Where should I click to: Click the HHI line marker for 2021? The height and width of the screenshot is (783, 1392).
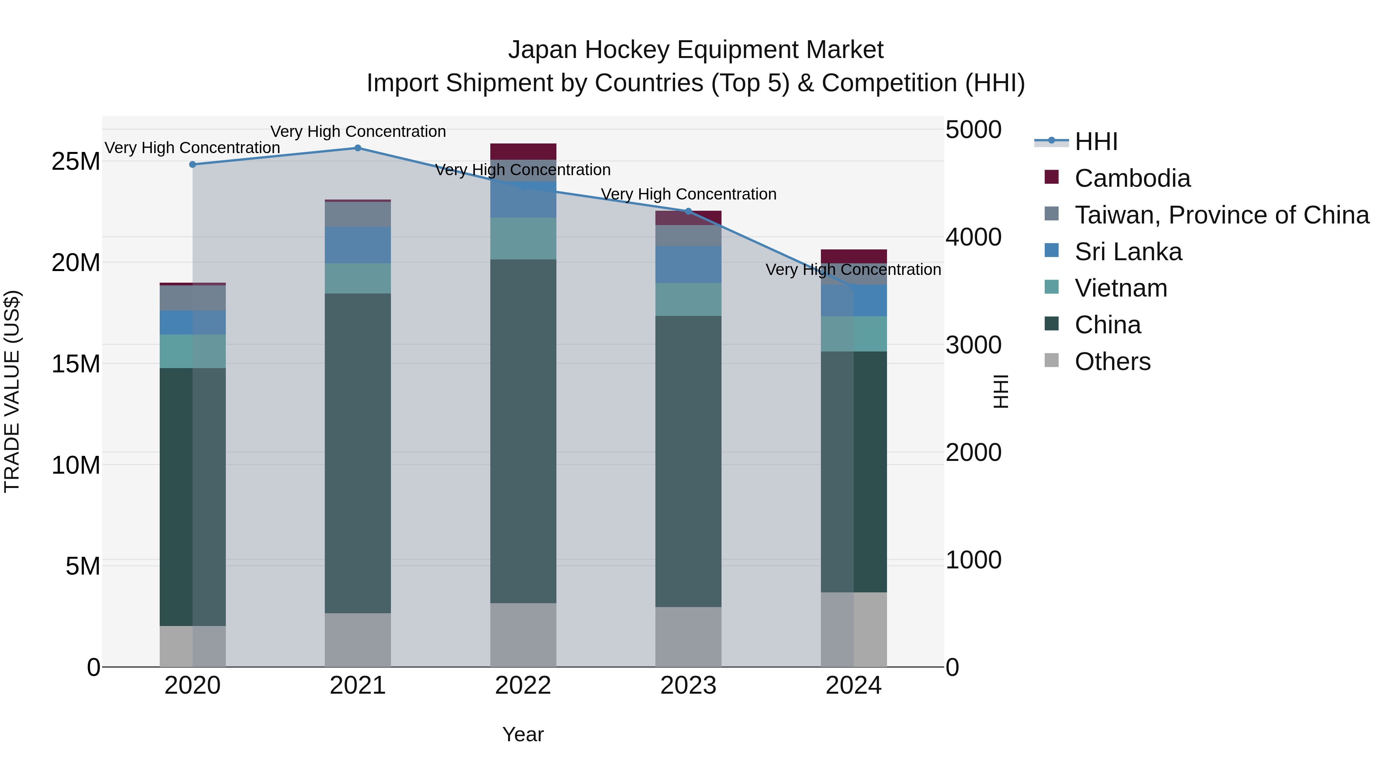click(358, 148)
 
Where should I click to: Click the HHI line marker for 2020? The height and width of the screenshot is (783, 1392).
click(193, 164)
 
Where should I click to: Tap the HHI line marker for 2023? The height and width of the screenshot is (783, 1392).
click(688, 211)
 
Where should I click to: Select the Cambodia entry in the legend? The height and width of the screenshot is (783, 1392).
click(1132, 178)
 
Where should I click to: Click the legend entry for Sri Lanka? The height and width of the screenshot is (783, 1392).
click(1128, 252)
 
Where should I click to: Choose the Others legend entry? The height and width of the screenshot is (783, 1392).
click(1112, 362)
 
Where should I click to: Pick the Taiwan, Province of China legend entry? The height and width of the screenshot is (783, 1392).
click(1221, 215)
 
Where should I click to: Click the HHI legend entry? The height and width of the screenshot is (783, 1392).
click(1096, 142)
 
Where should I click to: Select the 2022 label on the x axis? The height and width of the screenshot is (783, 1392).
click(522, 686)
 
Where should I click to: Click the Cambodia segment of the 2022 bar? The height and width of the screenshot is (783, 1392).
click(522, 151)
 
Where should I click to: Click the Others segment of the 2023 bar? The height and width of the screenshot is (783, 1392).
click(688, 636)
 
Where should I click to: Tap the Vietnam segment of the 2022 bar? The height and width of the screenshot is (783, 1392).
click(522, 238)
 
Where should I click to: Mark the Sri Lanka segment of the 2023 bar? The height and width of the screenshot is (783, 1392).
click(688, 264)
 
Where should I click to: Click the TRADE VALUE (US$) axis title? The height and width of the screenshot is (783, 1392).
click(12, 392)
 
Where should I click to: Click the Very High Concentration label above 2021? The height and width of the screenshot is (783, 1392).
click(358, 131)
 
